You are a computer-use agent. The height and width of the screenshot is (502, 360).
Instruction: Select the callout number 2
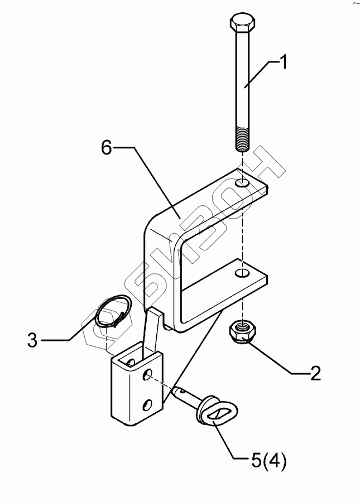[x=315, y=373]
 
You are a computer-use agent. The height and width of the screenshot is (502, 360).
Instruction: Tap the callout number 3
[x=33, y=340]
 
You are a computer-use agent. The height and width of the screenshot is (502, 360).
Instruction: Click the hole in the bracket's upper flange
[x=242, y=183]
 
